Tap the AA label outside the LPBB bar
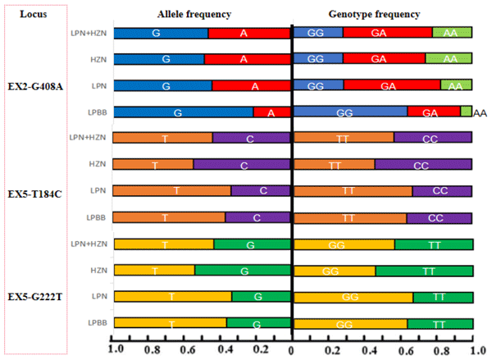point(481,113)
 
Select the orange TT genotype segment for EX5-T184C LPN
point(353,191)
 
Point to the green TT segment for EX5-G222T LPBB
point(440,323)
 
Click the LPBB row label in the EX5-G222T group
point(98,323)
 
